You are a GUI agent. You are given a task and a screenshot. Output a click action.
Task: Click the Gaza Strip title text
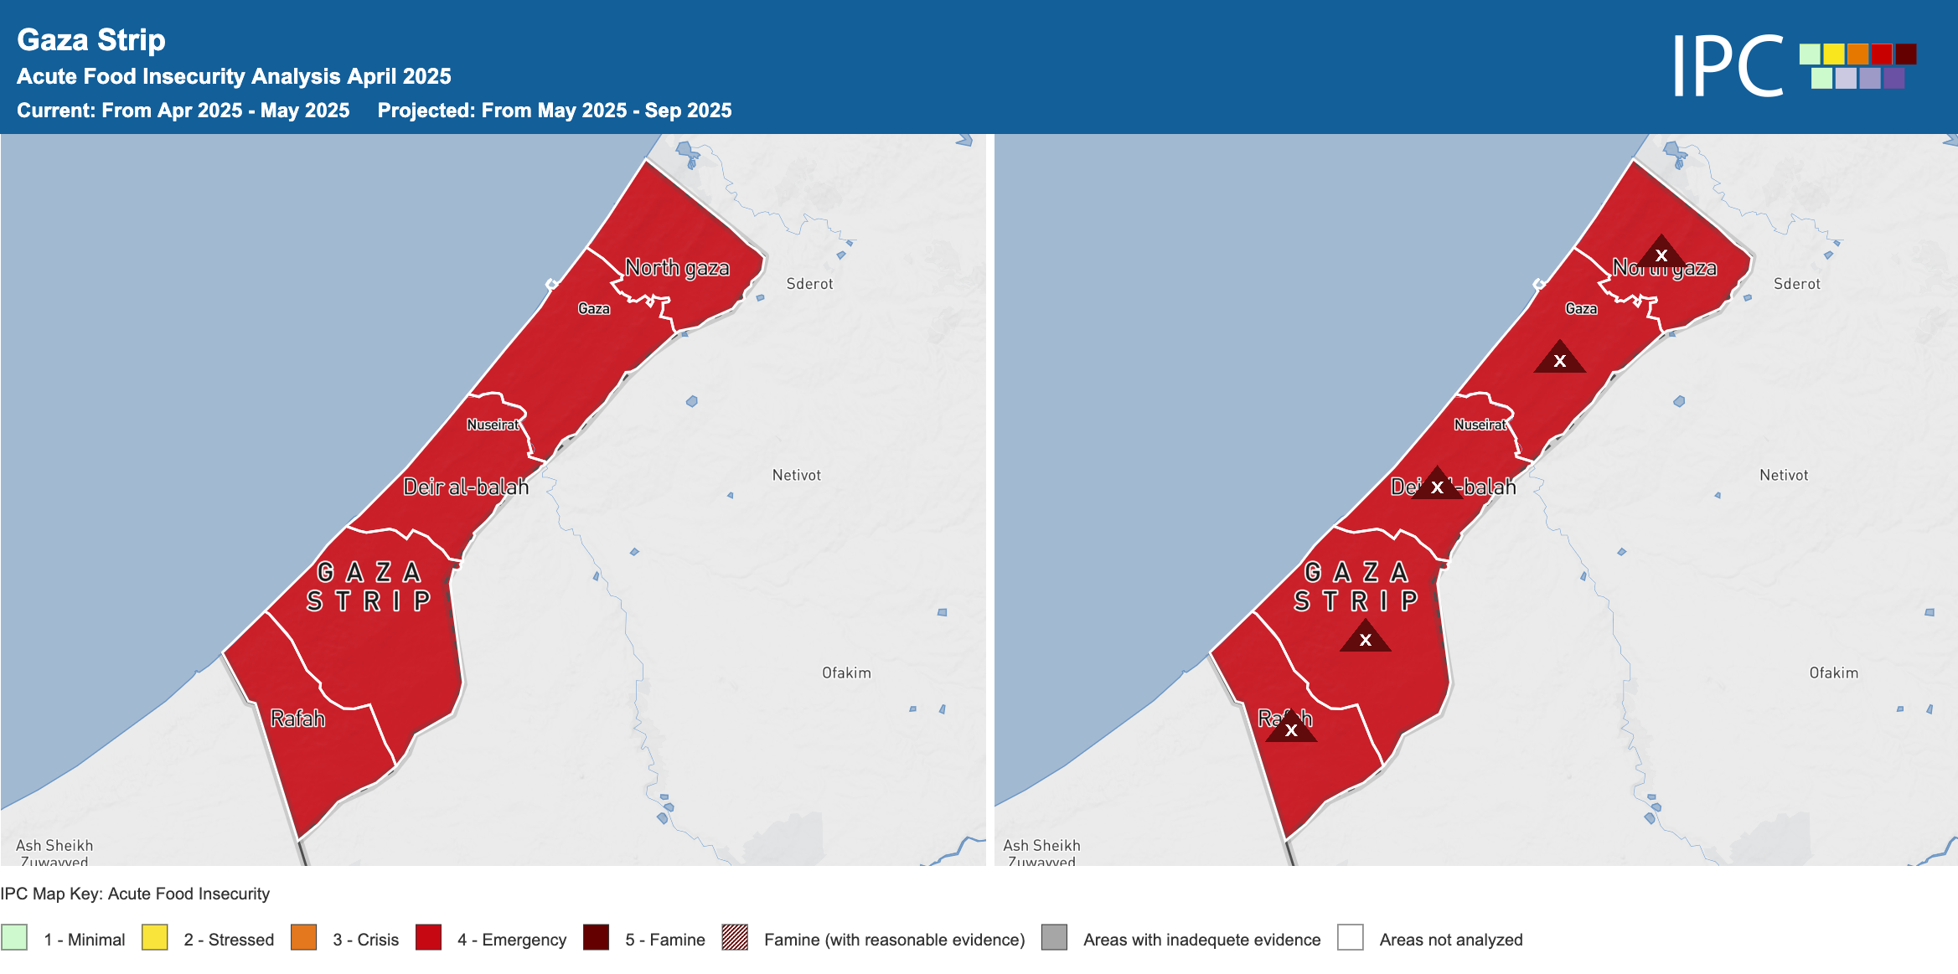click(91, 40)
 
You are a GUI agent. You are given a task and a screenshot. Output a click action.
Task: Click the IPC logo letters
click(1728, 66)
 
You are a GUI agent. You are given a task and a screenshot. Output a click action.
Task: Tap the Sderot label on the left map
click(809, 284)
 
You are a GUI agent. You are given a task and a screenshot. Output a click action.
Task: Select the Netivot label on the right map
click(1784, 475)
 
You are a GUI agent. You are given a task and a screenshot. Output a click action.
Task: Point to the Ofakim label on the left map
click(846, 673)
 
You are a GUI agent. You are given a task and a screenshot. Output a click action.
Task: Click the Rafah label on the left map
click(297, 719)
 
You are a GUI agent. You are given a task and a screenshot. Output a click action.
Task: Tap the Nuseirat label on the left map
click(493, 425)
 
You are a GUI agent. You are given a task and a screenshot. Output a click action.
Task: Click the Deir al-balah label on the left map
click(466, 487)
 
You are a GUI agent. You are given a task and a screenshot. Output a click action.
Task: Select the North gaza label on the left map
click(677, 268)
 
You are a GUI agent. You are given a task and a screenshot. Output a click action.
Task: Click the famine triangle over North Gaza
click(1661, 253)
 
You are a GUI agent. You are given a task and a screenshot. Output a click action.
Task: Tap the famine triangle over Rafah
click(1291, 728)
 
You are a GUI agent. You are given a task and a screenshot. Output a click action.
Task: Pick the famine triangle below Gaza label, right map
click(1559, 359)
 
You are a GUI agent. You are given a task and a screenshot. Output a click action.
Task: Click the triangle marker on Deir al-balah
click(1437, 485)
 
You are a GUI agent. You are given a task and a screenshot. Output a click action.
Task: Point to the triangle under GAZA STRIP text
click(1365, 638)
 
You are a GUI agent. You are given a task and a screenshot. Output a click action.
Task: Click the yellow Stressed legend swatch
click(155, 937)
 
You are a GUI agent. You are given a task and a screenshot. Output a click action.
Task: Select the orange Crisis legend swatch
click(304, 937)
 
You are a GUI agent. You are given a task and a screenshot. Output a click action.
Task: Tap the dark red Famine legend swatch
click(597, 937)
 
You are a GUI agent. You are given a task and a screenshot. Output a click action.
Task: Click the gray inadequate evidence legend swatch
click(1054, 937)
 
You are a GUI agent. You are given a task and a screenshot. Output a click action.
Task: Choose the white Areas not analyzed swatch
click(1351, 937)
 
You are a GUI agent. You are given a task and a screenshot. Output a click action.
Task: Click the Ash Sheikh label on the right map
click(1041, 846)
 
